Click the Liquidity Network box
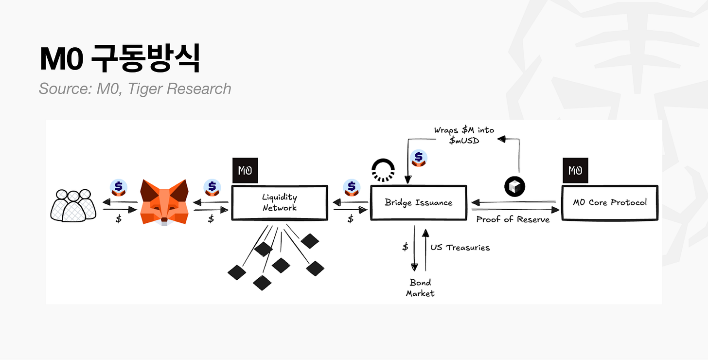(279, 202)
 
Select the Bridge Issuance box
(418, 202)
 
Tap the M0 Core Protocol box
(609, 202)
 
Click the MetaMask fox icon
(164, 202)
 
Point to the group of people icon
(71, 205)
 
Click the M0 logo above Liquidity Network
(245, 170)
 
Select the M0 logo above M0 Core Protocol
(575, 170)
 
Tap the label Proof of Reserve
(513, 219)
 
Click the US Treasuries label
(460, 248)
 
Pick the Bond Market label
(420, 288)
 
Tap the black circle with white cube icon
(515, 187)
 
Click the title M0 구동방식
(119, 59)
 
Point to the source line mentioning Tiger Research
(135, 89)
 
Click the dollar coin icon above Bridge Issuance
(419, 159)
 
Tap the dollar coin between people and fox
(118, 187)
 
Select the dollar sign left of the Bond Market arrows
(405, 247)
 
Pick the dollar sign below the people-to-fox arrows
(119, 219)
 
